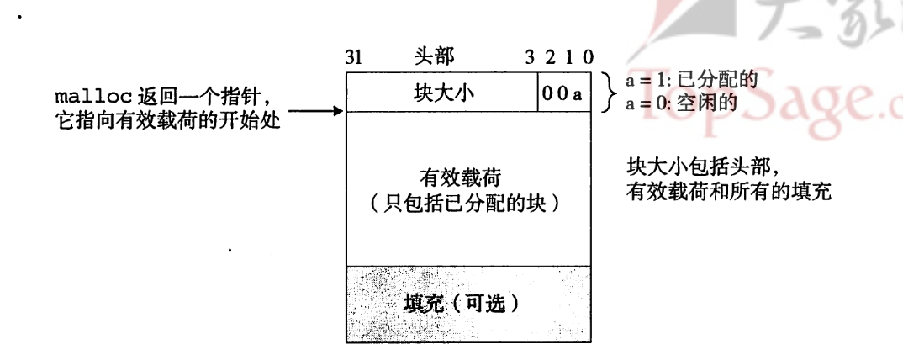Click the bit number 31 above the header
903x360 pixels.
[353, 58]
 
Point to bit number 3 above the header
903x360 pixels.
[530, 58]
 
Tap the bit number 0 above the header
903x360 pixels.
[588, 58]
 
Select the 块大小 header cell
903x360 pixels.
[444, 93]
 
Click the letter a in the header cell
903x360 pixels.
[577, 94]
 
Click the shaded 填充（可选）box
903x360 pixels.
[470, 303]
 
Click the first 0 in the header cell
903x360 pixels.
[547, 94]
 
